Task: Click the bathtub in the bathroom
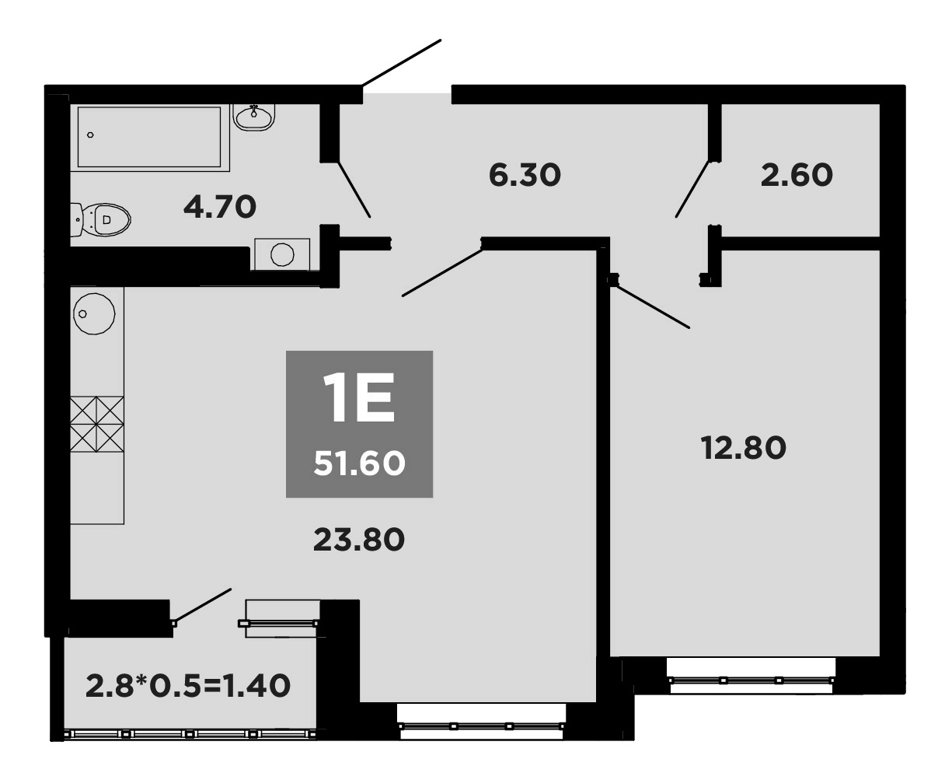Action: click(x=154, y=138)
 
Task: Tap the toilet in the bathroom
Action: click(x=103, y=219)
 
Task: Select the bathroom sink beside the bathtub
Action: click(x=253, y=117)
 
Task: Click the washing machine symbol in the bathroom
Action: click(x=281, y=254)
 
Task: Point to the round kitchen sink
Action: click(x=94, y=313)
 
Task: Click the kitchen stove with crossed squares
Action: click(x=97, y=424)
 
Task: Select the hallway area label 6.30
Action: click(x=525, y=175)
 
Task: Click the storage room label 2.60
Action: click(x=797, y=175)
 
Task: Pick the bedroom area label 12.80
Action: click(x=744, y=448)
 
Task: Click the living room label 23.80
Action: click(x=358, y=538)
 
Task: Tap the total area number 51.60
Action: click(x=359, y=464)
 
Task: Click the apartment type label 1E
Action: click(x=359, y=397)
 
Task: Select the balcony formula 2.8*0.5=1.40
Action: click(x=188, y=686)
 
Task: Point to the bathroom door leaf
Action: click(x=354, y=189)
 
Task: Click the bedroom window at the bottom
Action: click(x=751, y=679)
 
